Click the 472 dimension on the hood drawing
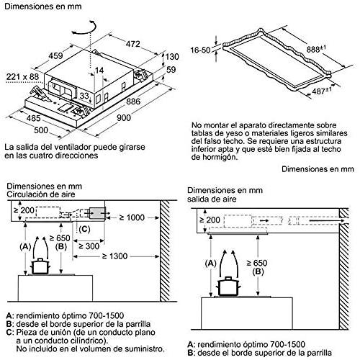[x=132, y=44]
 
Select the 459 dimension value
[x=55, y=55]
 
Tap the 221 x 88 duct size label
[x=22, y=77]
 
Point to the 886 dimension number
[x=133, y=102]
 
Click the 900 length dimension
[x=124, y=117]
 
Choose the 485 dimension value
[x=33, y=118]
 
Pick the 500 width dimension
[x=41, y=130]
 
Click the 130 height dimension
[x=172, y=57]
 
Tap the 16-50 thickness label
[x=200, y=50]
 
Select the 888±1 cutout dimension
[x=316, y=49]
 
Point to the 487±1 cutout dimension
[x=323, y=91]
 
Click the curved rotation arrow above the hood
[x=84, y=27]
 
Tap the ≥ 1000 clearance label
[x=132, y=217]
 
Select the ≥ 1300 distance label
[x=114, y=256]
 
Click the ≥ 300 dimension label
[x=89, y=246]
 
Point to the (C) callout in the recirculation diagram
[x=84, y=230]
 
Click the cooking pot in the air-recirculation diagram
[x=40, y=266]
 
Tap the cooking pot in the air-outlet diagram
[x=228, y=287]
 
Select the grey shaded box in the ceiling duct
[x=97, y=213]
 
